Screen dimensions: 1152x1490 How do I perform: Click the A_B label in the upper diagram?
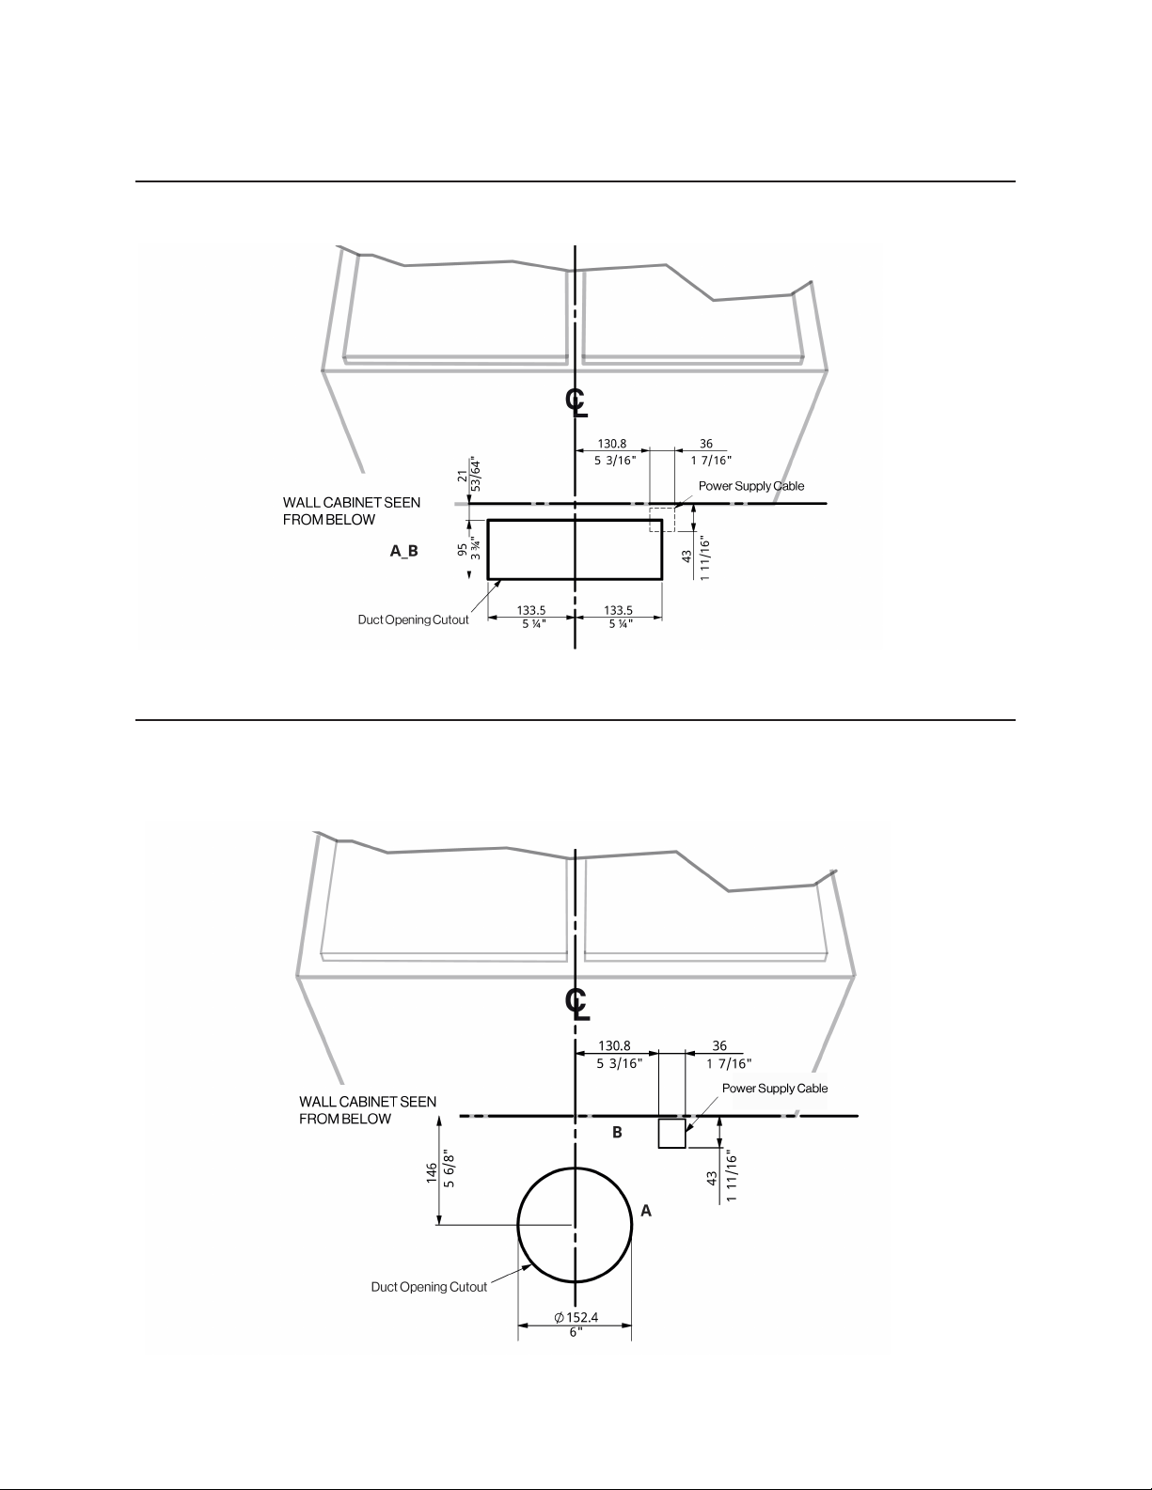403,551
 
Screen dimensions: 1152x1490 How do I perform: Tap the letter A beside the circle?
646,1212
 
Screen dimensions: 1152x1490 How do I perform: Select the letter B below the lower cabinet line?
617,1133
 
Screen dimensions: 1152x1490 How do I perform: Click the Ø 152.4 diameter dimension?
576,1317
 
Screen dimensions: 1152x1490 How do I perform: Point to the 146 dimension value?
432,1172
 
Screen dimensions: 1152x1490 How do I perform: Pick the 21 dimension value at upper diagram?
462,476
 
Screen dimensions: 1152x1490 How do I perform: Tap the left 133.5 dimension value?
531,610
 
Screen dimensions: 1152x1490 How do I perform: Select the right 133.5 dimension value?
619,610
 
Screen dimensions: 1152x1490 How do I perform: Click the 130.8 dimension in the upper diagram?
612,445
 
